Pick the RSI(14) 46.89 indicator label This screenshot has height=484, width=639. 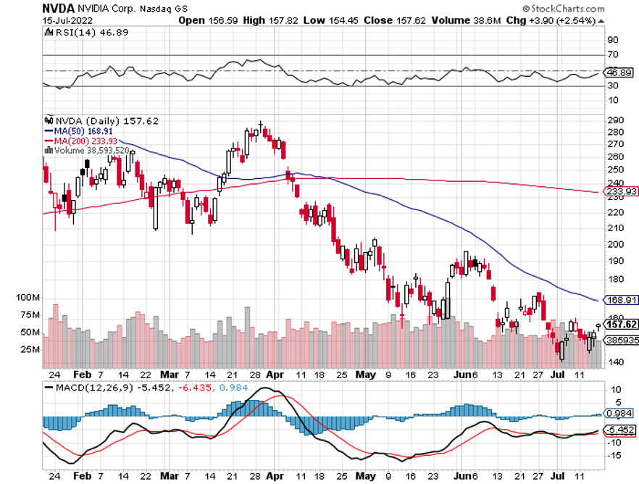pos(74,32)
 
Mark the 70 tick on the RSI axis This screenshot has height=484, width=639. pos(613,54)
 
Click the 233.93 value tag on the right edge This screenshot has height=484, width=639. pos(621,191)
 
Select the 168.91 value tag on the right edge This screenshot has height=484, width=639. pos(621,299)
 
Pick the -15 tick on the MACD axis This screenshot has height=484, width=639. pos(615,455)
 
